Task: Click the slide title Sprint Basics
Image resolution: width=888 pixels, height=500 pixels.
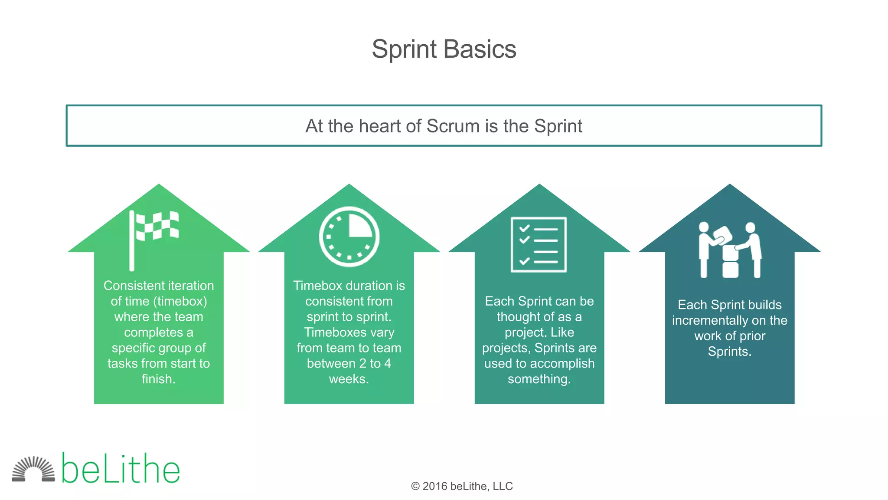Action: [444, 49]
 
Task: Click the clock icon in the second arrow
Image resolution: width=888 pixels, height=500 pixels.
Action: [349, 237]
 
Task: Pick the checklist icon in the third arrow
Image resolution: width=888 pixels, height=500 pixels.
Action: [539, 245]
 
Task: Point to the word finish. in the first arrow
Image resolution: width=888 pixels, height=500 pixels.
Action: [159, 379]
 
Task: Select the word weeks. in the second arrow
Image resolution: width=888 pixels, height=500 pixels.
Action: [349, 379]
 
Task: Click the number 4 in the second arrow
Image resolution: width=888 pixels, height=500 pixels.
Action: [387, 363]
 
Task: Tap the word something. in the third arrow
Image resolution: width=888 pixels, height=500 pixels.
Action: [539, 379]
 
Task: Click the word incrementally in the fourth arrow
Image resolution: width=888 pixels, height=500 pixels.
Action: [710, 320]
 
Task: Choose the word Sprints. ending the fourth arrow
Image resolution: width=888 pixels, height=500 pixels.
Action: [730, 351]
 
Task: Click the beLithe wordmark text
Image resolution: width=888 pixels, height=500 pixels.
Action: [121, 469]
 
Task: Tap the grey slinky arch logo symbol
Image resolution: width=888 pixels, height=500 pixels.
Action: [33, 469]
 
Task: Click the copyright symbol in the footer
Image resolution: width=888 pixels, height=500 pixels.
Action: [415, 487]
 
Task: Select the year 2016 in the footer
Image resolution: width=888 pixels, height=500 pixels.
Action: [435, 487]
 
